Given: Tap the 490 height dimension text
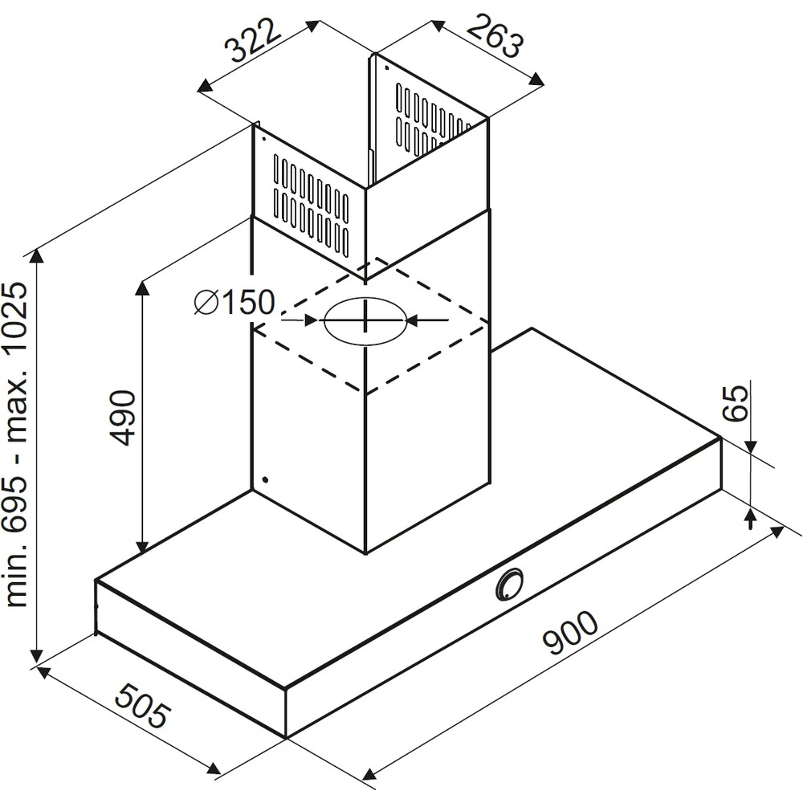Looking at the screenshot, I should point(122,418).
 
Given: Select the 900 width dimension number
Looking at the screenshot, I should point(569,635).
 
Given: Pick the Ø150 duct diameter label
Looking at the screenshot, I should point(234,303).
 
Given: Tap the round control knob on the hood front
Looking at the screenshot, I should point(509,584).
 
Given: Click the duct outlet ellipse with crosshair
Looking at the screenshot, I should point(365,321).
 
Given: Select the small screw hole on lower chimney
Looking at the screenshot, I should point(264,481).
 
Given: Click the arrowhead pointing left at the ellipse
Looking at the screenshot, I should point(412,320).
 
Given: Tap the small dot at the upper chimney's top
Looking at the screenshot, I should point(387,68).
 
